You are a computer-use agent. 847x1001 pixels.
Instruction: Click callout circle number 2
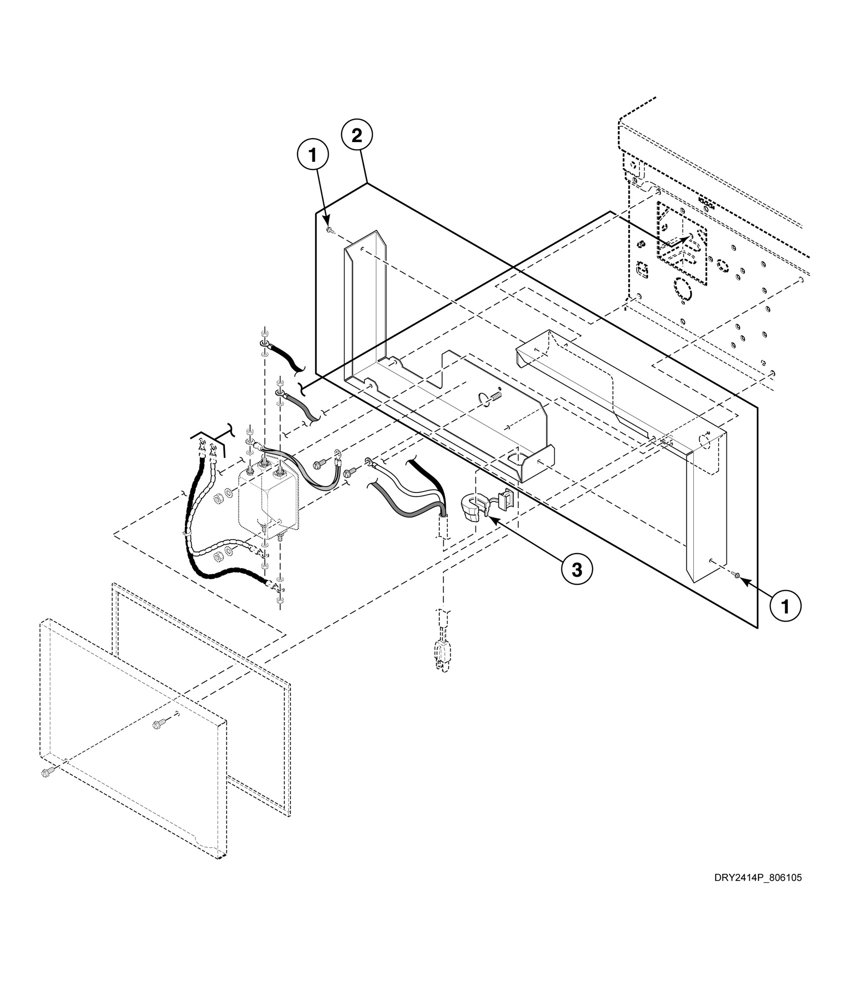tap(357, 136)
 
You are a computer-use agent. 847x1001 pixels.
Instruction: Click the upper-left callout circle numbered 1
tap(313, 156)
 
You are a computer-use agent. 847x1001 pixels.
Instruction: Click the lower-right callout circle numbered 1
tap(785, 607)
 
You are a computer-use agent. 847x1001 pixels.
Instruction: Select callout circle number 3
tap(577, 569)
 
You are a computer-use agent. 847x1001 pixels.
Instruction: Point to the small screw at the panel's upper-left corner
tap(330, 230)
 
